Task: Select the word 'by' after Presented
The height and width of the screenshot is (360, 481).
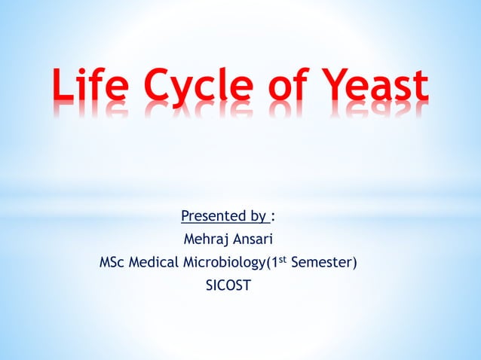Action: tap(258, 218)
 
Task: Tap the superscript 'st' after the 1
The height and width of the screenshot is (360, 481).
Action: tap(286, 259)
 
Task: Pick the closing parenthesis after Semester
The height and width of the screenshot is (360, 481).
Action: tap(355, 263)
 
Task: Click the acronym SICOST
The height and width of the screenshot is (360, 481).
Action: tap(229, 285)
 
